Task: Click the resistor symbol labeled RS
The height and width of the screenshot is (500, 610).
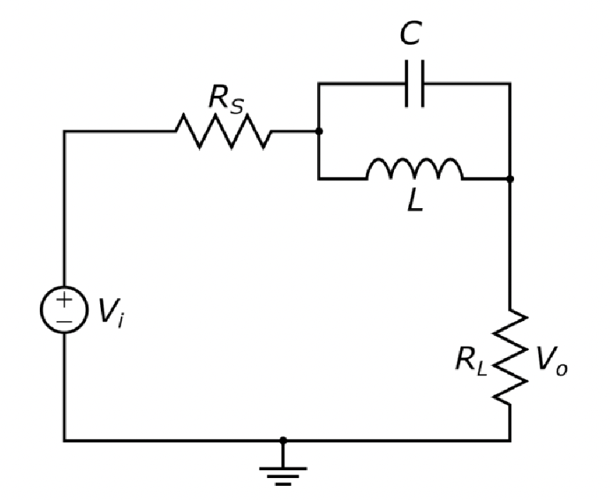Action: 223,131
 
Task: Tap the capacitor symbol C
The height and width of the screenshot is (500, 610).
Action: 414,84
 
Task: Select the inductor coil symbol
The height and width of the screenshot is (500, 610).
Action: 414,170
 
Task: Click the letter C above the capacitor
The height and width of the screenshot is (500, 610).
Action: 411,34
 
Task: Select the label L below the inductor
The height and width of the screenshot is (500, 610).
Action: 415,202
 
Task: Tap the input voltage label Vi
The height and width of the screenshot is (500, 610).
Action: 111,312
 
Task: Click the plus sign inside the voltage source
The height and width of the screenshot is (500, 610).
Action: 64,300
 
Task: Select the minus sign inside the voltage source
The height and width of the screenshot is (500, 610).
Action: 64,321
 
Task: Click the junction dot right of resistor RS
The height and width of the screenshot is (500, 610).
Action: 319,131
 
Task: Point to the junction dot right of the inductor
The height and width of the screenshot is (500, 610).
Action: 510,179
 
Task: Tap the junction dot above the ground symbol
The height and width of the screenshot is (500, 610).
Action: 283,440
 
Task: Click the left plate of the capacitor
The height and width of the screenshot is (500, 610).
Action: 407,84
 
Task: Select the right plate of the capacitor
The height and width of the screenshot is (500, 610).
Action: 422,84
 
